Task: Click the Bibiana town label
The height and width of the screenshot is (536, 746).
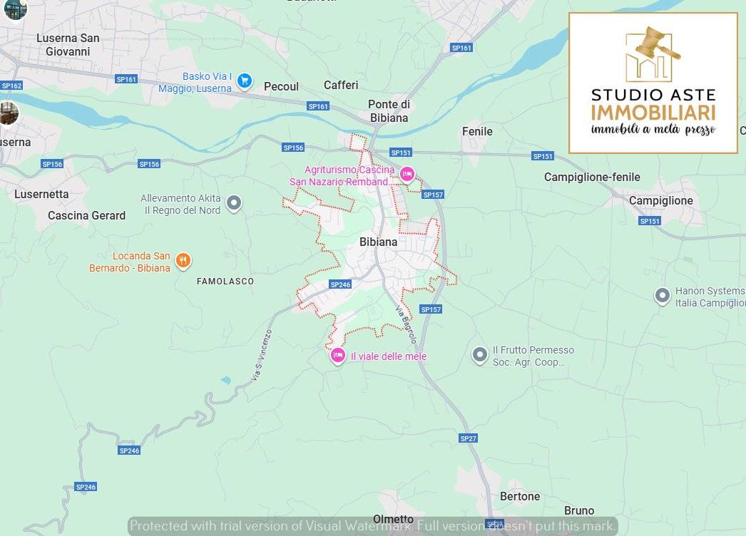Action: tap(378, 242)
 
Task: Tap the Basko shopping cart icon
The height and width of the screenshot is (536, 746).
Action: tap(245, 81)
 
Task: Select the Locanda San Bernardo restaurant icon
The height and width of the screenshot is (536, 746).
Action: tap(183, 261)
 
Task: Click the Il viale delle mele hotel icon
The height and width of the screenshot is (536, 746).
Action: tap(338, 355)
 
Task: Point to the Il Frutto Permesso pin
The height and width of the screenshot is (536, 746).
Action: tap(480, 354)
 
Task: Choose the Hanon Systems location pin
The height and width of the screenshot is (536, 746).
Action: tap(663, 294)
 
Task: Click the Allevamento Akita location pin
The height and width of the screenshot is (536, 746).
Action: tap(233, 205)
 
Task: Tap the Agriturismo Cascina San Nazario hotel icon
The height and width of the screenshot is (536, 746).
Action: tap(407, 174)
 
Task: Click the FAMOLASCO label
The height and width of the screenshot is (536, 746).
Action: tap(225, 282)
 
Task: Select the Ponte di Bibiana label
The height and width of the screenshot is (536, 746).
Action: tap(389, 110)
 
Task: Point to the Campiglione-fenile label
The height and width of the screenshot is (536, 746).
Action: tap(592, 177)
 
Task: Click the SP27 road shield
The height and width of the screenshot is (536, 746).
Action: tap(468, 438)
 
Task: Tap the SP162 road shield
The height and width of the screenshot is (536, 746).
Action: tap(12, 86)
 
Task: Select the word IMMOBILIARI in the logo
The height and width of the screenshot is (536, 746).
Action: tap(653, 113)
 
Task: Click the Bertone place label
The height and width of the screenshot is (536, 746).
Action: tap(520, 496)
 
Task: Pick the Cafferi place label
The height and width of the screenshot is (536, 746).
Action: tap(341, 85)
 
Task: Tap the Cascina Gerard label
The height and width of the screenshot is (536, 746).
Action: tap(86, 215)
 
